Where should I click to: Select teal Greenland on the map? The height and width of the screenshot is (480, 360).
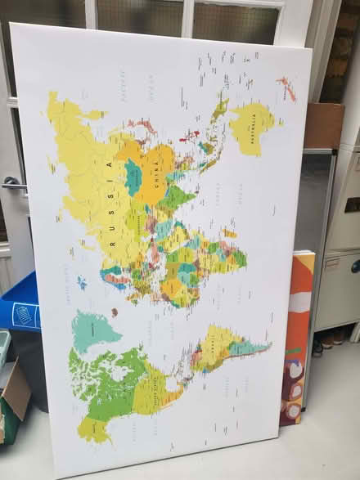[94, 330]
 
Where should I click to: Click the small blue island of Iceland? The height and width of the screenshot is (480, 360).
[82, 283]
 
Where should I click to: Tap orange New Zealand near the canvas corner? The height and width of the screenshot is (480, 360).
[286, 88]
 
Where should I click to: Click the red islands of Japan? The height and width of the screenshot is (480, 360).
[189, 135]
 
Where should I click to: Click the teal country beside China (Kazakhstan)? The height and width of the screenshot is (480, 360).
[133, 177]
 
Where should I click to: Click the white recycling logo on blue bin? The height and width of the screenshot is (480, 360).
[22, 313]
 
